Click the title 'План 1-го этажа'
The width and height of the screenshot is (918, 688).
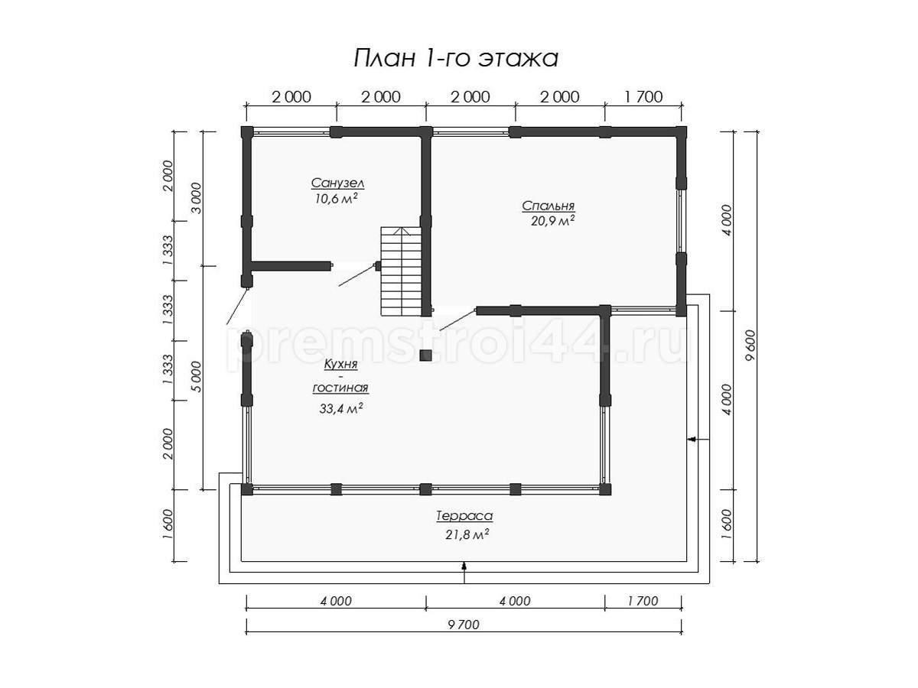(x=456, y=58)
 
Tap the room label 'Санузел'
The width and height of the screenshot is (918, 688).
(x=337, y=183)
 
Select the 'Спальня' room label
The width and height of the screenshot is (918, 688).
(x=548, y=206)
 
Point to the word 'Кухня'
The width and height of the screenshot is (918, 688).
(x=341, y=365)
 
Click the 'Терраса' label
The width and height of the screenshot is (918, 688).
(x=464, y=516)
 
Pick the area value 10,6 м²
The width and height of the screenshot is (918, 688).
(x=337, y=199)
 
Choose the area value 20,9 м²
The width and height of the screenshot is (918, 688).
(x=552, y=221)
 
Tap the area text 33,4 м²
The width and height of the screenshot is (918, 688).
(x=341, y=408)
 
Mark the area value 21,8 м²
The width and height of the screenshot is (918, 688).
(x=467, y=534)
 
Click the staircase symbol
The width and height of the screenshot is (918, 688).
(x=401, y=271)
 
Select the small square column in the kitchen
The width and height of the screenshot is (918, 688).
(x=426, y=355)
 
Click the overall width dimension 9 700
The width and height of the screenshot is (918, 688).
(x=464, y=625)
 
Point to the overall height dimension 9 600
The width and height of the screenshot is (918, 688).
(x=751, y=346)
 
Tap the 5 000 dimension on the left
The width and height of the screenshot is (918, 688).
(x=196, y=377)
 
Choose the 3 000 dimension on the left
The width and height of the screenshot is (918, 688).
(x=196, y=198)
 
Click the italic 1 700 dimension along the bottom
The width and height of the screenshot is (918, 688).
(x=643, y=601)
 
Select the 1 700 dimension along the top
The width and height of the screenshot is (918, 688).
(x=643, y=97)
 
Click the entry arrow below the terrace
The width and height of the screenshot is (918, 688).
(x=464, y=572)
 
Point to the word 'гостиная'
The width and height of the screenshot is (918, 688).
(x=341, y=388)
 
